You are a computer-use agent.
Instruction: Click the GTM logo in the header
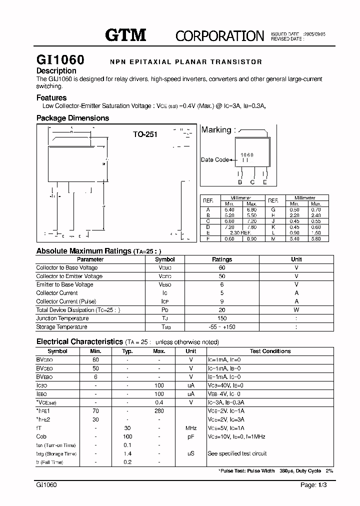point(125,35)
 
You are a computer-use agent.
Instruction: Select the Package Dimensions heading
point(72,118)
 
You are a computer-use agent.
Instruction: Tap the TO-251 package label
point(145,134)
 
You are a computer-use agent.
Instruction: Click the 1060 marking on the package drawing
point(247,155)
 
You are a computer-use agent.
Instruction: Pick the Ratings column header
point(222,259)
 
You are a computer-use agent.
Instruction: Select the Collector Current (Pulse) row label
point(64,301)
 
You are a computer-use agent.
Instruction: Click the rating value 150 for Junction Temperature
point(222,318)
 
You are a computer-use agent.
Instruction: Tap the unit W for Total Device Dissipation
point(296,310)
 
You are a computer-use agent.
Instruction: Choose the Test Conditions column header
point(270,351)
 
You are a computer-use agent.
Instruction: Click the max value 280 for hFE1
point(159,411)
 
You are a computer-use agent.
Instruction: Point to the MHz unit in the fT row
point(190,428)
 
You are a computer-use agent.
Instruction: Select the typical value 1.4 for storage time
point(127,453)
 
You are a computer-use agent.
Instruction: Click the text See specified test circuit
point(237,453)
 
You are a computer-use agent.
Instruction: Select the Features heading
point(51,98)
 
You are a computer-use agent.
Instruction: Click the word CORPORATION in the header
point(219,36)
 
